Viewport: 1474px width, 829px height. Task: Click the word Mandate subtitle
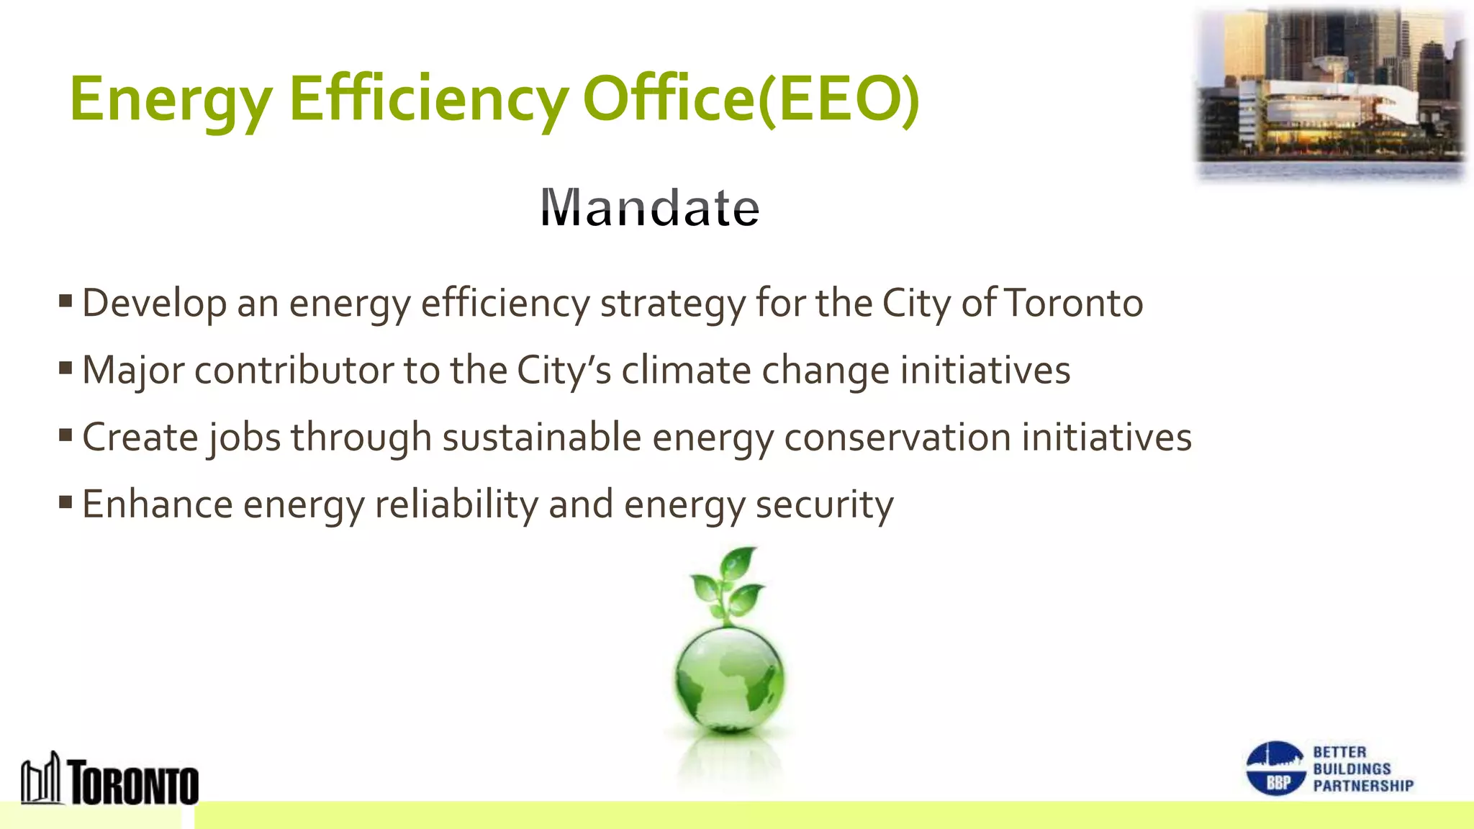(650, 208)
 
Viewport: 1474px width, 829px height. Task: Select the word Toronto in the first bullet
(1073, 303)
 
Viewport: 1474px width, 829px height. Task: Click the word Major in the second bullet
(132, 371)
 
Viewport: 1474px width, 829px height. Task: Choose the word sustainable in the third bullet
(541, 437)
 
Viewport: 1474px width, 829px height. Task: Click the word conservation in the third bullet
(897, 438)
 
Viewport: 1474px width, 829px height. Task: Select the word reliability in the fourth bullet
(456, 504)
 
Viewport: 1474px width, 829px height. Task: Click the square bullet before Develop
(65, 300)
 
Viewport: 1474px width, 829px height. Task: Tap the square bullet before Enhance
(65, 502)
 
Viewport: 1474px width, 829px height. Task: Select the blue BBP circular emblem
(1275, 769)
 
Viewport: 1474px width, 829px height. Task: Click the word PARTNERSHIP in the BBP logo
(1363, 786)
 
